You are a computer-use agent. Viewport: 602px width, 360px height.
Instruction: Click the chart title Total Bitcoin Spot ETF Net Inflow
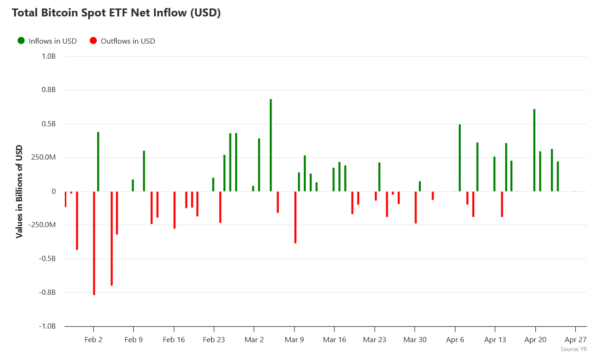pyautogui.click(x=116, y=13)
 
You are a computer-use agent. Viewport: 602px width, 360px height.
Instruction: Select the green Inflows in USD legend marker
pyautogui.click(x=21, y=41)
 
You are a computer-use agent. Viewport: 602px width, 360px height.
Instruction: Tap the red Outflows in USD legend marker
pyautogui.click(x=93, y=41)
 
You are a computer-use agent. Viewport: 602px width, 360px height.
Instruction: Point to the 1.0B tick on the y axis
pyautogui.click(x=49, y=56)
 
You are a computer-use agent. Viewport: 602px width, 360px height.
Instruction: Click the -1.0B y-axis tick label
pyautogui.click(x=47, y=326)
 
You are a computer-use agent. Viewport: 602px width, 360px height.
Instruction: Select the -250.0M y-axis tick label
pyautogui.click(x=43, y=225)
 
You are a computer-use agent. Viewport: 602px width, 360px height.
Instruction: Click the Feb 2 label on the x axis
pyautogui.click(x=93, y=339)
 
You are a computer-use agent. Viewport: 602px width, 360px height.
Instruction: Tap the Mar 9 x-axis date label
pyautogui.click(x=294, y=339)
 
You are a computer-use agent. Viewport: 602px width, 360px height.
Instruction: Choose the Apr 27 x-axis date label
pyautogui.click(x=575, y=339)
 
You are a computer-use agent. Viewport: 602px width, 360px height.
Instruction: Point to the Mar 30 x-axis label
pyautogui.click(x=415, y=339)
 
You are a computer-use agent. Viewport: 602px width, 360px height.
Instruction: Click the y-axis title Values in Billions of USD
pyautogui.click(x=19, y=191)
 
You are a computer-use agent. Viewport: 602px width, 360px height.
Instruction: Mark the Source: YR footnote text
pyautogui.click(x=573, y=349)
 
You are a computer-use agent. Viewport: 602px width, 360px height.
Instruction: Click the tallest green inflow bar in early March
pyautogui.click(x=271, y=146)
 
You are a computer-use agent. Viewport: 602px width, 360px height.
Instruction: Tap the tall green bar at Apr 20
pyautogui.click(x=534, y=150)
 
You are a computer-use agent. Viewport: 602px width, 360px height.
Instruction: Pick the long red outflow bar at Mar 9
pyautogui.click(x=295, y=217)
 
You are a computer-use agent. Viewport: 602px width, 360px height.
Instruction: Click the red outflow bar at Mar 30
pyautogui.click(x=416, y=207)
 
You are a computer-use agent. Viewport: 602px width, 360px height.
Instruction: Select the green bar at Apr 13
pyautogui.click(x=494, y=174)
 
